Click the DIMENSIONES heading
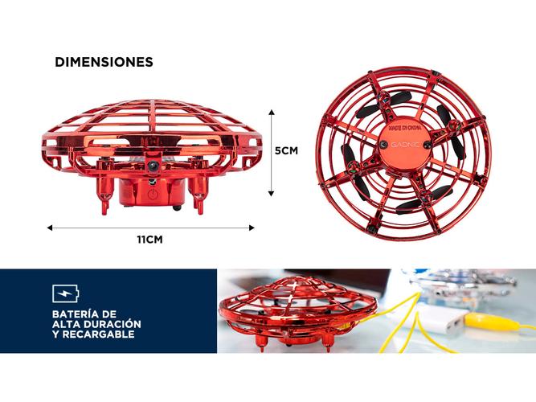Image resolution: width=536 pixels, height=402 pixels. (104, 62)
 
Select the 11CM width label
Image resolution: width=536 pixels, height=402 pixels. (150, 239)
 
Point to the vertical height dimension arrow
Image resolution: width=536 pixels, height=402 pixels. (272, 151)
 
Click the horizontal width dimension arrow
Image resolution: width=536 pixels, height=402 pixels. (150, 228)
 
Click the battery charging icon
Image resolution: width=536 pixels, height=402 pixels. (65, 293)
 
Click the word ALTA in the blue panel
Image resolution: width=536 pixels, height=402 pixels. (67, 323)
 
